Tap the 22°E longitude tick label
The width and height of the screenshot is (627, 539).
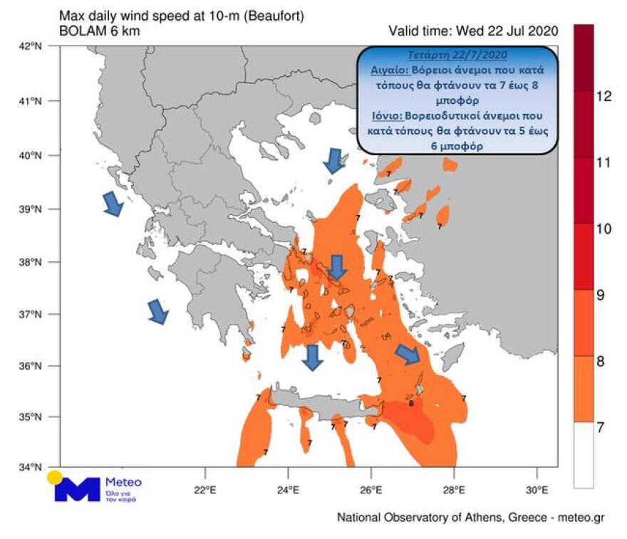(205, 490)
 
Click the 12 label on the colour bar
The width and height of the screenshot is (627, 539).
(603, 97)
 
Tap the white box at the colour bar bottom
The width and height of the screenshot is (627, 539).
(584, 455)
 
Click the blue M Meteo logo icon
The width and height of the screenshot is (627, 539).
(77, 488)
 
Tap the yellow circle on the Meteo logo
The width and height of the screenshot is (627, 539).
(54, 478)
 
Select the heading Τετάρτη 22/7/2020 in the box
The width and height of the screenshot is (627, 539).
(456, 56)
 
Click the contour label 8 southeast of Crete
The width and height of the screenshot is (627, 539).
(412, 403)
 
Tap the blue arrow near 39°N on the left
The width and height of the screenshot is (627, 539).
(113, 204)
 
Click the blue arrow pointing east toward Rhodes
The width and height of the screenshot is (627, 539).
(408, 354)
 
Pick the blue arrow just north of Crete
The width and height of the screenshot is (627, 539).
(312, 357)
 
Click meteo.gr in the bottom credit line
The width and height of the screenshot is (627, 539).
(579, 518)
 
